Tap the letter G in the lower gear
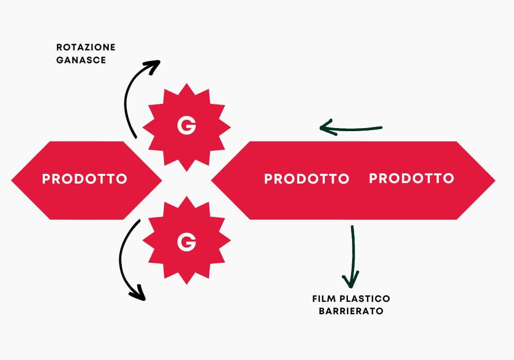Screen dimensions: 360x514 click(186, 241)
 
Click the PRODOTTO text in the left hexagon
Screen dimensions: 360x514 click(84, 179)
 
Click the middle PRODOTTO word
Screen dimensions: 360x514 click(306, 179)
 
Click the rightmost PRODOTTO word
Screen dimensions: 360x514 click(411, 178)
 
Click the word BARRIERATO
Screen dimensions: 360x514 click(351, 311)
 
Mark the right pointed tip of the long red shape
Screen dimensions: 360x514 click(494, 180)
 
